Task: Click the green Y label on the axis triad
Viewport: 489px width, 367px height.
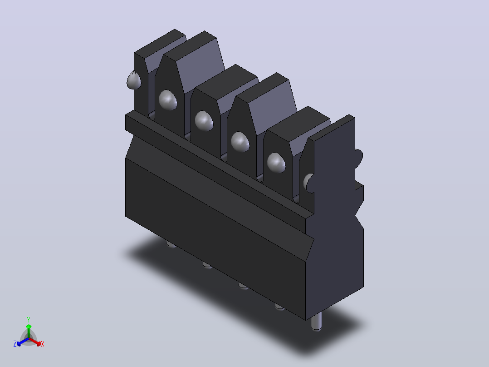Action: [x=29, y=319]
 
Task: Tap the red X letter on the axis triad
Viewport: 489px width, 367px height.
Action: [x=43, y=344]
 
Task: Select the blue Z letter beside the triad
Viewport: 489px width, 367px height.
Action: [x=15, y=344]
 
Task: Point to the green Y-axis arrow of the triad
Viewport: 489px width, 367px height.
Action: [x=29, y=332]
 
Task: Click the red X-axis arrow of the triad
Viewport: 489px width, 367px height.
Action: [x=35, y=342]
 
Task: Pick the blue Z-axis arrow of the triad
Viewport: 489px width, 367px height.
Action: [x=23, y=342]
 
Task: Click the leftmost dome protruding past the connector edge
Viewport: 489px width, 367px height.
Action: [x=134, y=80]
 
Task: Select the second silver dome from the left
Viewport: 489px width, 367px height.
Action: [x=168, y=100]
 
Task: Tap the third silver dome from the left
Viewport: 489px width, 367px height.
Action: [x=204, y=121]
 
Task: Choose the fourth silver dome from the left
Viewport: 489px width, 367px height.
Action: [x=240, y=142]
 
